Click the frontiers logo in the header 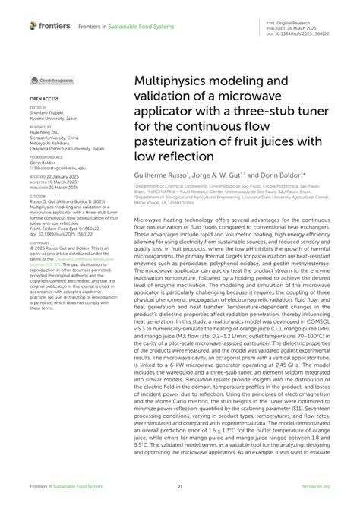pyautogui.click(x=50, y=25)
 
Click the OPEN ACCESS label pyautogui.click(x=46, y=100)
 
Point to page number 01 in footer pyautogui.click(x=180, y=488)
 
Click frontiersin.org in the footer pyautogui.click(x=314, y=488)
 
